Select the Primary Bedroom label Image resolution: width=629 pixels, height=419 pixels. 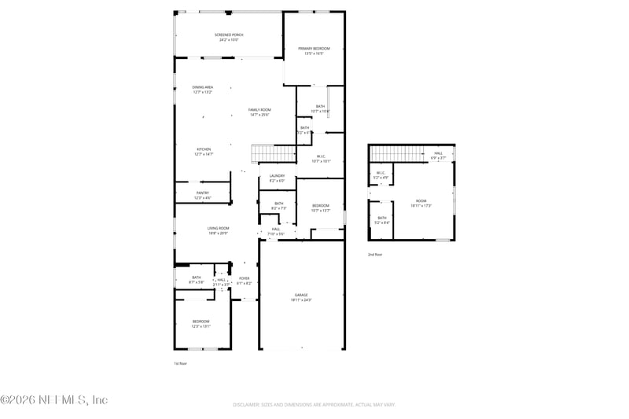[314, 49]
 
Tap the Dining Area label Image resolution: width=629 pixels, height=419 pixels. [203, 87]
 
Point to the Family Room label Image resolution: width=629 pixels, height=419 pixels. [259, 110]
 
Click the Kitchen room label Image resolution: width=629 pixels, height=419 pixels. [204, 149]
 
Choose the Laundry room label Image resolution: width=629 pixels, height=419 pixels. [277, 176]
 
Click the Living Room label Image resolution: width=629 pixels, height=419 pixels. [219, 228]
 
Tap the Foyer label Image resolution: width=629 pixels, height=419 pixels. [245, 278]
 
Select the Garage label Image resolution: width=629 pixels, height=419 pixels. [302, 296]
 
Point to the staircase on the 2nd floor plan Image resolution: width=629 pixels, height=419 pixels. [388, 153]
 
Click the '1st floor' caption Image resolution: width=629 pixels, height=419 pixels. [180, 363]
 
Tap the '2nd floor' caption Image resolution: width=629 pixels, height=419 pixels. [375, 255]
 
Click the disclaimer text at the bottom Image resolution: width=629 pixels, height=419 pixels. [313, 404]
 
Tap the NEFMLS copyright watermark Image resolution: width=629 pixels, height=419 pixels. [53, 399]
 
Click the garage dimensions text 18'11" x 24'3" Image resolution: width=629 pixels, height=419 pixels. [302, 300]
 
